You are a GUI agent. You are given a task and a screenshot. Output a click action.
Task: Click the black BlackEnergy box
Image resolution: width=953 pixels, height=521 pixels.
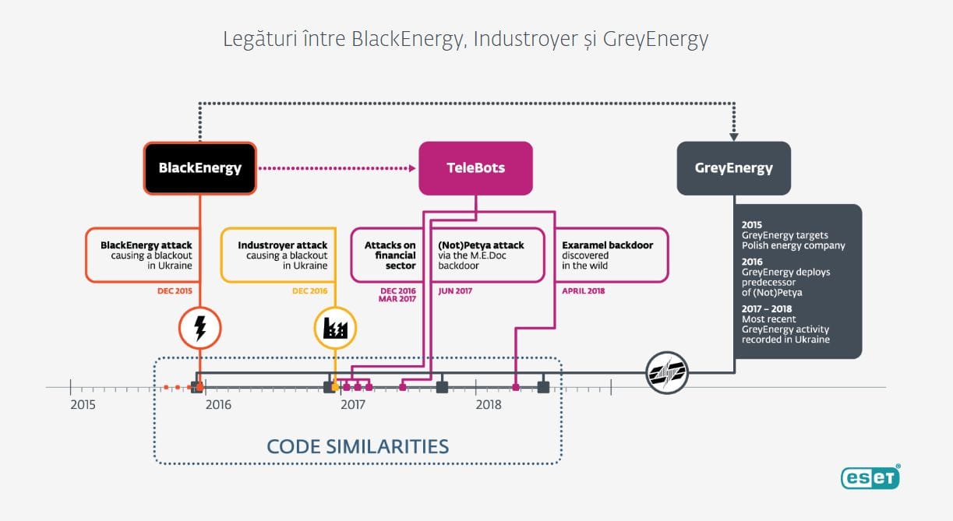coord(200,168)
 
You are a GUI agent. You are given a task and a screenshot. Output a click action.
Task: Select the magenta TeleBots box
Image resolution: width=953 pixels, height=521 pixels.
coord(475,168)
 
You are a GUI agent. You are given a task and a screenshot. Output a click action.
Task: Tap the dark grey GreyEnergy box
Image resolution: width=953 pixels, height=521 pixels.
coord(734,168)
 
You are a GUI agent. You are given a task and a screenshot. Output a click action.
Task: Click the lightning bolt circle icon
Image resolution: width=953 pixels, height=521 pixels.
coord(200,328)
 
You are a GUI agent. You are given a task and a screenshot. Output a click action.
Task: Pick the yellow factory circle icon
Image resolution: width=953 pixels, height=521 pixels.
coord(335,328)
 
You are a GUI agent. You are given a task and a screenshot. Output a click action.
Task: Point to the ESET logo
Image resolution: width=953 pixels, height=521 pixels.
coord(870,477)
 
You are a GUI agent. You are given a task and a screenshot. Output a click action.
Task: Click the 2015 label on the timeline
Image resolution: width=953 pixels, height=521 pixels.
coord(83,404)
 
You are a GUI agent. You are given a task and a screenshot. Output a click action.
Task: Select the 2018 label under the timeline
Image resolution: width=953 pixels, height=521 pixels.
coord(489,404)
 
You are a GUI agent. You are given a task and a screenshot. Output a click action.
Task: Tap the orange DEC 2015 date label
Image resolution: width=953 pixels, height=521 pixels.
coord(175,291)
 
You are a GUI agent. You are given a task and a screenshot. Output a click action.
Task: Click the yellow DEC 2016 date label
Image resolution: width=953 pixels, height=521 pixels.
coord(309,291)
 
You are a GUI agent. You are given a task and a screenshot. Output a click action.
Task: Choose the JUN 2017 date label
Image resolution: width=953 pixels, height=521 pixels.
coord(455,291)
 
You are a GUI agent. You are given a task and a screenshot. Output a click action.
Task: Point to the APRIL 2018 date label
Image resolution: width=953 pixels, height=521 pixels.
coord(584,291)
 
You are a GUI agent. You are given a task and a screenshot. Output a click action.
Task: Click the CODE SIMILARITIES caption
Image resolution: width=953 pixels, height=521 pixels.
coord(358,446)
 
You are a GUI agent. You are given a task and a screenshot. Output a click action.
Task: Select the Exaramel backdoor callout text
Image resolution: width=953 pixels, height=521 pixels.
coord(608,255)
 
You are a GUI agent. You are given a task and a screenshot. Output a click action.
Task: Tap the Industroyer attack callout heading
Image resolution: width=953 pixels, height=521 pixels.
coord(283,245)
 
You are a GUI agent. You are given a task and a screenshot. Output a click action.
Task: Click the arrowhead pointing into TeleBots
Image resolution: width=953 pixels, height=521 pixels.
coord(412,168)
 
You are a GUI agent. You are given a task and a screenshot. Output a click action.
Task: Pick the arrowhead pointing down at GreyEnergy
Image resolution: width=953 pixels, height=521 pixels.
coord(734,137)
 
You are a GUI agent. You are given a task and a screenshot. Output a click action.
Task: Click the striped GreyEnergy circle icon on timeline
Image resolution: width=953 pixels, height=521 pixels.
coord(667,372)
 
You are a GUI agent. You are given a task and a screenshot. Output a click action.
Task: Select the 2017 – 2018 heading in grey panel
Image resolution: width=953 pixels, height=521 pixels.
coord(767,308)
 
